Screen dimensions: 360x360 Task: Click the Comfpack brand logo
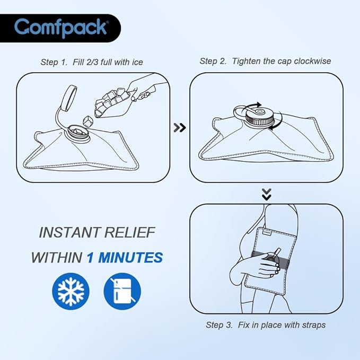[62, 28]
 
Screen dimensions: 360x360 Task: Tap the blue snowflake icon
[71, 291]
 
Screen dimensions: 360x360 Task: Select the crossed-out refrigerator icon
[122, 291]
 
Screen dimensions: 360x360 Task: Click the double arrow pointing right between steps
[180, 128]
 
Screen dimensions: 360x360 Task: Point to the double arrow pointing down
[267, 195]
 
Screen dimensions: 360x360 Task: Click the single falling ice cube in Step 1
[87, 121]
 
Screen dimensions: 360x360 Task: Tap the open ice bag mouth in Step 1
[77, 133]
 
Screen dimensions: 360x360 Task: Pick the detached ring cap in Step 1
[69, 98]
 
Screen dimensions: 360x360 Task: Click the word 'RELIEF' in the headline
[130, 232]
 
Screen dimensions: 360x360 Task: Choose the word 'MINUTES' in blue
[130, 257]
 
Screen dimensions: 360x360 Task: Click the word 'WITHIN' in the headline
[57, 257]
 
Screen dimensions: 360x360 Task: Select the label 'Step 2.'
[213, 62]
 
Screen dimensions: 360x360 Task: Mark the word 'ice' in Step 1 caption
[137, 62]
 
